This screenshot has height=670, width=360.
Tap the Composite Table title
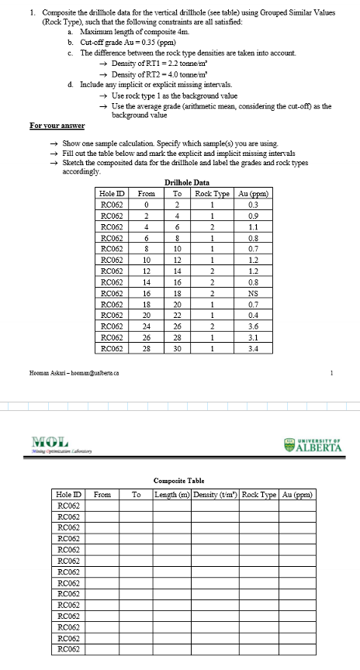pos(180,480)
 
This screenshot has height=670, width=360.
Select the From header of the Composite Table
pos(101,492)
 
